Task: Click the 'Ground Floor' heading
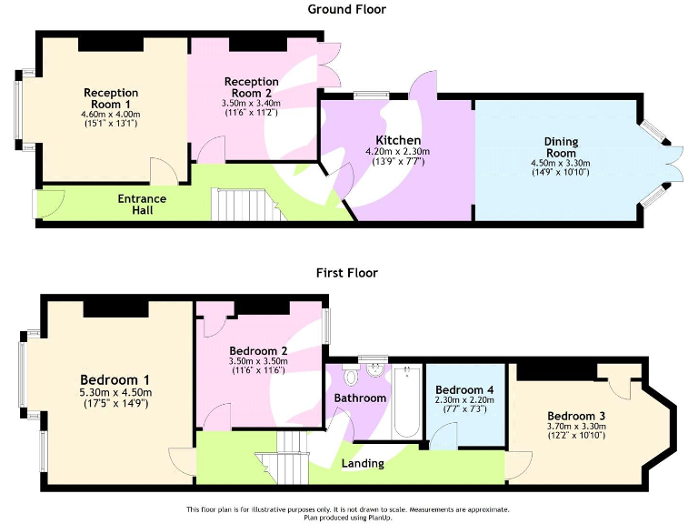(x=346, y=10)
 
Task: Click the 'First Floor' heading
(x=346, y=272)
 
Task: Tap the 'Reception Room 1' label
(x=111, y=98)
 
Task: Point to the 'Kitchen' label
(x=396, y=139)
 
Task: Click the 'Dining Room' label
(x=561, y=147)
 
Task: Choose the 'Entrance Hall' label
(x=141, y=204)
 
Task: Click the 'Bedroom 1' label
(x=115, y=379)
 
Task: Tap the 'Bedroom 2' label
(x=258, y=351)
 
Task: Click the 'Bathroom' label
(x=360, y=398)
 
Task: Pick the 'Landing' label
(x=361, y=463)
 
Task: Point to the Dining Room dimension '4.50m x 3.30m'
(x=561, y=164)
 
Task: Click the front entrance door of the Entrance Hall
(x=39, y=204)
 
